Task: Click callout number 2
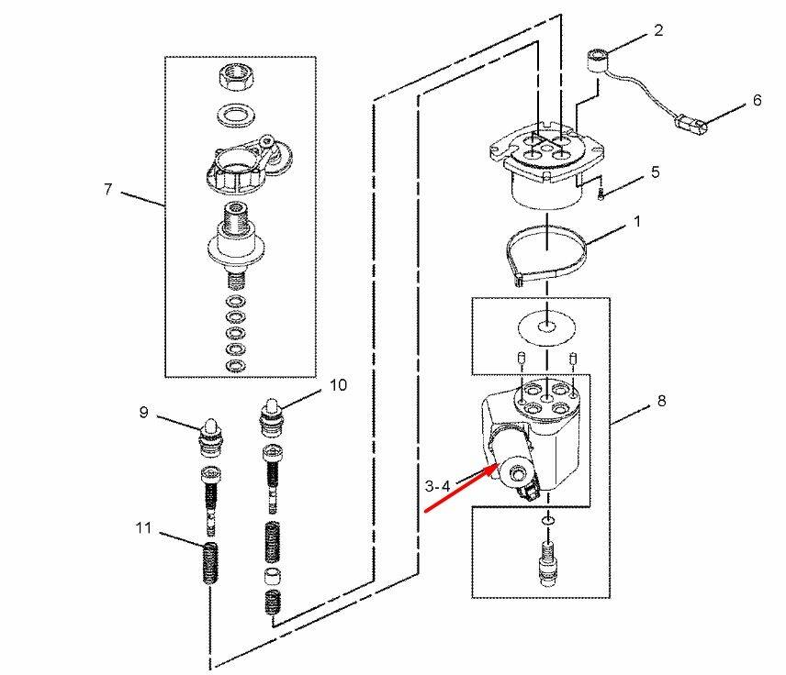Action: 658,30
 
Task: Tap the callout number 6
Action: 757,101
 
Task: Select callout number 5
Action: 656,172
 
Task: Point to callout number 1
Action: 637,221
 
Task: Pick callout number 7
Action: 107,189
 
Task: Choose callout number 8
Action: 662,401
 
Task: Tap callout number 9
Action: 144,412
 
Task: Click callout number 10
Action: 338,384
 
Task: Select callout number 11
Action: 143,527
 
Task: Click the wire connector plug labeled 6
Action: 691,123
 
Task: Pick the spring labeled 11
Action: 211,563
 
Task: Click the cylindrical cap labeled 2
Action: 597,60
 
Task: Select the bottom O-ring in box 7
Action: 236,366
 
